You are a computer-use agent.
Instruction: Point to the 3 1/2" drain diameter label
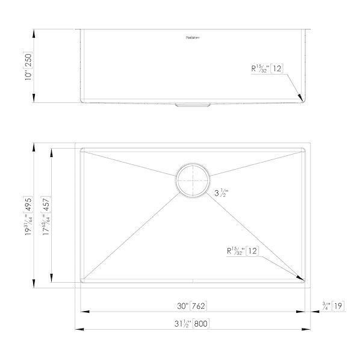[x=221, y=194]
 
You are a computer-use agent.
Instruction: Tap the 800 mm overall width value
[x=201, y=324]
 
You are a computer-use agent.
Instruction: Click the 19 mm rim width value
[x=338, y=306]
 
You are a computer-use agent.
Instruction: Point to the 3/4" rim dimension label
[x=326, y=306]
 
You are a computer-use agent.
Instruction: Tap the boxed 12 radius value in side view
[x=277, y=69]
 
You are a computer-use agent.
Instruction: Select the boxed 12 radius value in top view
[x=252, y=251]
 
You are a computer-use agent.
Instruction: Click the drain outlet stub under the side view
[x=192, y=105]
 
